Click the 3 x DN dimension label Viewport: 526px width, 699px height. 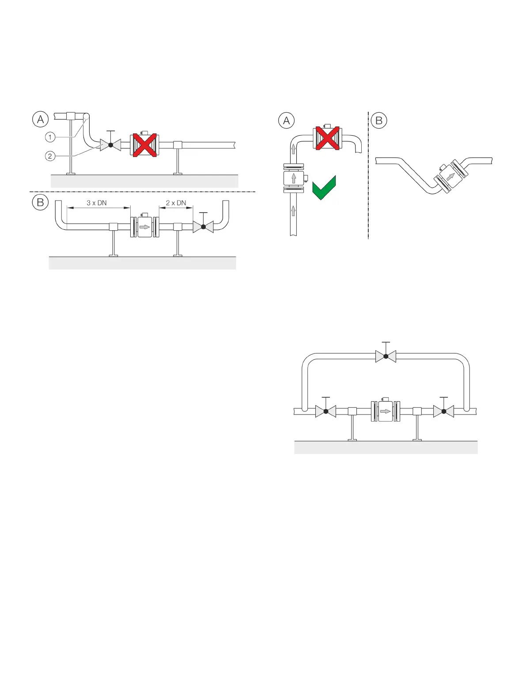(x=97, y=203)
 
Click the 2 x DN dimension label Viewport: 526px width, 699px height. (x=176, y=203)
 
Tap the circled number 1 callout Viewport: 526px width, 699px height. (x=50, y=137)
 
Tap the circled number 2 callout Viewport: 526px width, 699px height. (x=50, y=156)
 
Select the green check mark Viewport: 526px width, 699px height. (x=324, y=188)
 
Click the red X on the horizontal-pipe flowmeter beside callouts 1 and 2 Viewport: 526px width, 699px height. (x=144, y=145)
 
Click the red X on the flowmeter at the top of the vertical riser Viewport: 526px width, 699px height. (x=327, y=138)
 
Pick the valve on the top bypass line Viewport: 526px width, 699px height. (x=386, y=356)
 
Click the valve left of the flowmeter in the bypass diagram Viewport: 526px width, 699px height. (x=326, y=411)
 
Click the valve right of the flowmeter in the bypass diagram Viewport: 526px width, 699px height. (x=444, y=411)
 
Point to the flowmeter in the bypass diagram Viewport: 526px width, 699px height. (x=385, y=411)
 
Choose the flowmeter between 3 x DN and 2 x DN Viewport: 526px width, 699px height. (x=145, y=227)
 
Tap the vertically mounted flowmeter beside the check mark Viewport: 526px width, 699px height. (x=294, y=179)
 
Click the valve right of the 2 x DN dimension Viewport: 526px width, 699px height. (x=203, y=227)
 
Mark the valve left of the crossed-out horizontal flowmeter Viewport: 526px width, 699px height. (x=110, y=144)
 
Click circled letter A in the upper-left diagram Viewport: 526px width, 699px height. (x=40, y=119)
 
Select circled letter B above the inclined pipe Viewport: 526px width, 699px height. (x=379, y=121)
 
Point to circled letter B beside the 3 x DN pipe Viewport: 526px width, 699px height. (x=40, y=202)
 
